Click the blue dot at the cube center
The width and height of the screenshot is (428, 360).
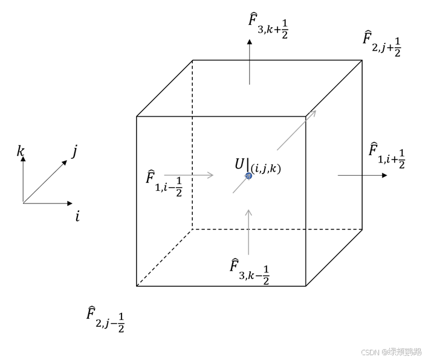tap(248, 176)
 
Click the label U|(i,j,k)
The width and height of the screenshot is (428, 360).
tap(258, 166)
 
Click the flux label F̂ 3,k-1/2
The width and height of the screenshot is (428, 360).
tap(250, 271)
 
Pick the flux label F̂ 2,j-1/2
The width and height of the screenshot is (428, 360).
tap(105, 318)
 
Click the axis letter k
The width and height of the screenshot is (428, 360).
tap(21, 151)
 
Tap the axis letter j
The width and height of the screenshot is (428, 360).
tap(74, 152)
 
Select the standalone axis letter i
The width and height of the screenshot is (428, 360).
tap(77, 216)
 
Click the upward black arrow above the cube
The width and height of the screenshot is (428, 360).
tap(249, 60)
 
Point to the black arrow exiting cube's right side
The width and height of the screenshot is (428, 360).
tap(362, 175)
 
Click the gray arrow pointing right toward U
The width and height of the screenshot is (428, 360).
tap(189, 175)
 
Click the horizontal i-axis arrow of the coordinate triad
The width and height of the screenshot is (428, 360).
tap(48, 203)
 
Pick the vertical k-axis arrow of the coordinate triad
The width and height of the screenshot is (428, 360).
tap(23, 178)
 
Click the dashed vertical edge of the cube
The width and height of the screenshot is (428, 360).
tap(193, 145)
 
